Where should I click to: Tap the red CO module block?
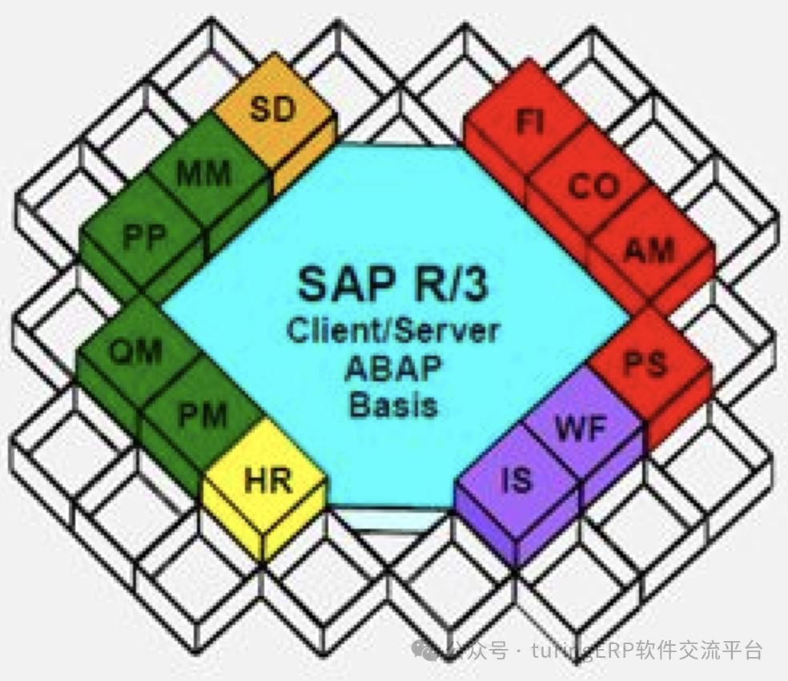[x=593, y=187]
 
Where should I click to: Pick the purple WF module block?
[x=581, y=429]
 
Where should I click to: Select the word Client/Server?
[x=393, y=329]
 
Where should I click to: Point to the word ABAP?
[x=393, y=368]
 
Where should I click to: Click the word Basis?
[x=393, y=405]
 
